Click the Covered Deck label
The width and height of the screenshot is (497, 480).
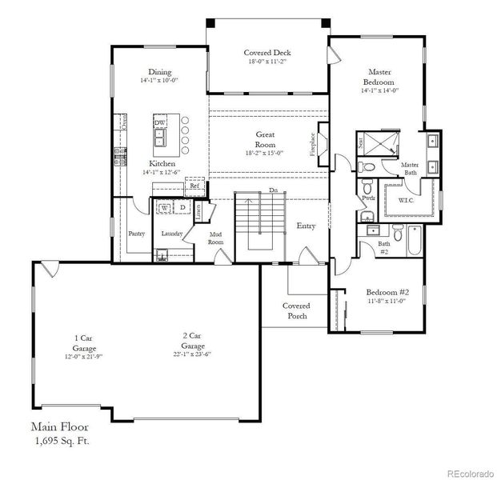point(267,53)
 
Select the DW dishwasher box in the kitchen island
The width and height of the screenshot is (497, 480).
point(160,122)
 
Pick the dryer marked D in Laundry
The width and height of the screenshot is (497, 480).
point(182,207)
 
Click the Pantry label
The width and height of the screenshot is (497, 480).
point(136,234)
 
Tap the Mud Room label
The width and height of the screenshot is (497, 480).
point(216,238)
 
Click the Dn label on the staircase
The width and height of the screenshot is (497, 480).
point(273,190)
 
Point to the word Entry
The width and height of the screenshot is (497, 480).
point(306,226)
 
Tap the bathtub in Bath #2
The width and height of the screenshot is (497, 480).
point(415,241)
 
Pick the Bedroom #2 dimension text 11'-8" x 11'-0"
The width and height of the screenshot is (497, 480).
point(387,302)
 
